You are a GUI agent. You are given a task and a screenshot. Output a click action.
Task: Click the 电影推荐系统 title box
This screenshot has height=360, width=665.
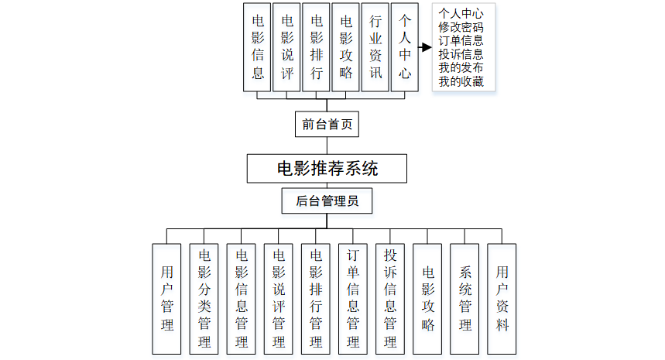(327, 167)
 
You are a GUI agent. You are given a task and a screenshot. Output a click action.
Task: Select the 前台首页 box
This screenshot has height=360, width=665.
(327, 124)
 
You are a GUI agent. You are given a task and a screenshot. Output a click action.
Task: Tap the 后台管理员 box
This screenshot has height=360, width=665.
(327, 202)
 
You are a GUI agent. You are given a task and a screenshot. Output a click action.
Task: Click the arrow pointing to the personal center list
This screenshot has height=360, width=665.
(425, 47)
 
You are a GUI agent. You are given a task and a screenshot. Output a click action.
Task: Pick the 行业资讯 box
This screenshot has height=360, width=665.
(375, 47)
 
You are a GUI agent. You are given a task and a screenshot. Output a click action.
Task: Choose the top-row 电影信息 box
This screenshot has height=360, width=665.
(258, 47)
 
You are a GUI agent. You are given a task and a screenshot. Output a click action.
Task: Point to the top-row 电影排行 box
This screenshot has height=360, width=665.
(317, 47)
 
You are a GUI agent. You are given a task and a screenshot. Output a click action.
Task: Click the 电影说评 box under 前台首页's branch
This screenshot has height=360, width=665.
(287, 47)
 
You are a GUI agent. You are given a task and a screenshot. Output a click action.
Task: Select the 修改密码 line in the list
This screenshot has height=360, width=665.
(461, 27)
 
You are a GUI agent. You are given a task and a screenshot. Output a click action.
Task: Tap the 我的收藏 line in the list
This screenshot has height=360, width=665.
(461, 81)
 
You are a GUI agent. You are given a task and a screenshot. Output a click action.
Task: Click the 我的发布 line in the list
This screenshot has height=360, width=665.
(461, 68)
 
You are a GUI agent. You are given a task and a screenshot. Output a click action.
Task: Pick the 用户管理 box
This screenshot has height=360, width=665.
(167, 298)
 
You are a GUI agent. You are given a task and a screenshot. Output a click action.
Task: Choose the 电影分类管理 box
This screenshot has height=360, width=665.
(204, 298)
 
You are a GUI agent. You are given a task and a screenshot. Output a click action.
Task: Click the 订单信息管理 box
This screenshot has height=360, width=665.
(353, 298)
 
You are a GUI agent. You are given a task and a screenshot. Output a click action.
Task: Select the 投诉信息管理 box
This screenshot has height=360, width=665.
(390, 298)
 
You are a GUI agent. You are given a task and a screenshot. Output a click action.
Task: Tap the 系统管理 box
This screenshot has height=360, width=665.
(464, 298)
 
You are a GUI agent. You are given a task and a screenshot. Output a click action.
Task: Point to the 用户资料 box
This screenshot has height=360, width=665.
(502, 298)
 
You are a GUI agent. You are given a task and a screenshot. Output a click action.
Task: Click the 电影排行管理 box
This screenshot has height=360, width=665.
(316, 298)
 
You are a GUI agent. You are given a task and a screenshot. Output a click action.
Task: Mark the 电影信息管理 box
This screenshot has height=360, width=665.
(242, 298)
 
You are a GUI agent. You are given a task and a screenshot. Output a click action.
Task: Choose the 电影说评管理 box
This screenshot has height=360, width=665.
(279, 298)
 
